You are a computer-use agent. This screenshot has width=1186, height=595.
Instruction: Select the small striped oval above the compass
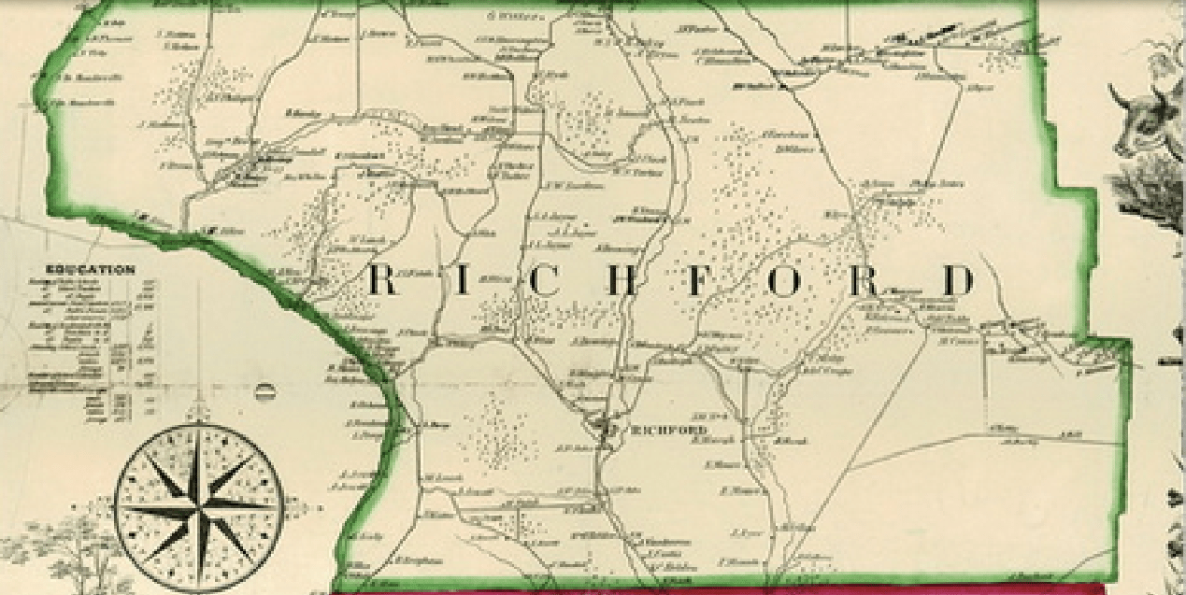(x=264, y=391)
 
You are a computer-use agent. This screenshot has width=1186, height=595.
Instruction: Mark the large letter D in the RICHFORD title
(x=958, y=280)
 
